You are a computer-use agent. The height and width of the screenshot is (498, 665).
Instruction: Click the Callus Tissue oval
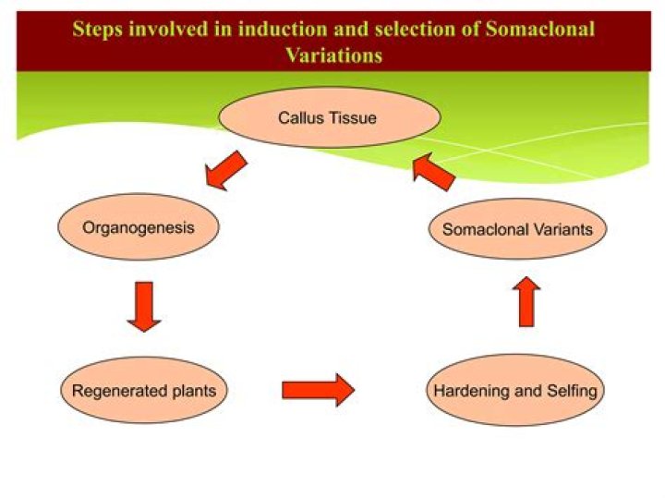point(328,118)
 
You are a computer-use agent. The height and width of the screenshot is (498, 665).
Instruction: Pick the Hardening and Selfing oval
point(515,391)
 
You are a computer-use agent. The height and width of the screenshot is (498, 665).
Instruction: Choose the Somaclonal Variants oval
point(517,229)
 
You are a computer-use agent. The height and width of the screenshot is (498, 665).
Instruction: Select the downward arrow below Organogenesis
point(143,306)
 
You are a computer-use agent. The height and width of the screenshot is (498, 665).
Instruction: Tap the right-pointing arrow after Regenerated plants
point(318,389)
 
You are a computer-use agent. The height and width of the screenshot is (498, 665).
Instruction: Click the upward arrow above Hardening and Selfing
point(526,300)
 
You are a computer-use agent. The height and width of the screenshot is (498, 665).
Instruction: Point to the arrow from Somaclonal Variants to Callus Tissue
point(433,172)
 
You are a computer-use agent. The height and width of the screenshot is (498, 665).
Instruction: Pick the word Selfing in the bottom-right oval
point(571,391)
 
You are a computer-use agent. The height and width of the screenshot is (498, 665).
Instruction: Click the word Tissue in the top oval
point(355,118)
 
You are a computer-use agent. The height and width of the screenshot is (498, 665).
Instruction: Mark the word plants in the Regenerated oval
point(191,391)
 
